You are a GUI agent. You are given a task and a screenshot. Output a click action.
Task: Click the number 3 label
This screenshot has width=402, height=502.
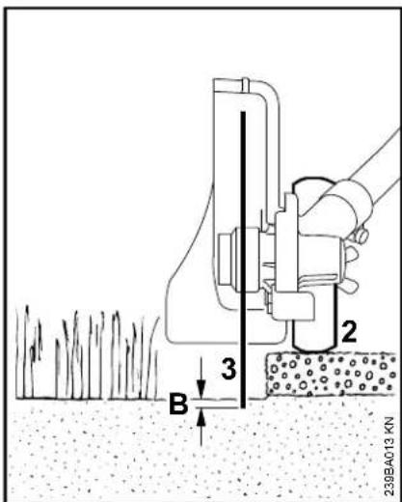(229, 369)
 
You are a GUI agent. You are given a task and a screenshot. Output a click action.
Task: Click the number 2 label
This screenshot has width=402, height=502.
(349, 331)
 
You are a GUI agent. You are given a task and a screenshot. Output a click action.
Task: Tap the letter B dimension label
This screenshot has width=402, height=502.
(178, 404)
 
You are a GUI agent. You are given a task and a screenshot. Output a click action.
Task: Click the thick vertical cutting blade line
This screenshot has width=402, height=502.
(243, 260)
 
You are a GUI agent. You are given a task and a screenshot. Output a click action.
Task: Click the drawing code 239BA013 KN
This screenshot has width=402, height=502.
(389, 457)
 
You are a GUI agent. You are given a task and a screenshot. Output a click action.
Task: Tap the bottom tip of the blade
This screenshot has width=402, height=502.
(243, 408)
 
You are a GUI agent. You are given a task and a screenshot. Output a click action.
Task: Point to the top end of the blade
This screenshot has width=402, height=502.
(243, 112)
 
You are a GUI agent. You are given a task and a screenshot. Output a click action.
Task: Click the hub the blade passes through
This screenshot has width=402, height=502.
(239, 260)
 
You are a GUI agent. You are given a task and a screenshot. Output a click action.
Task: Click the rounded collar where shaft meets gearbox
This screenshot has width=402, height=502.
(345, 205)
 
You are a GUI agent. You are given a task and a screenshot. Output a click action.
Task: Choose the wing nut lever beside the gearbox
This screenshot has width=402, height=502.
(349, 268)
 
